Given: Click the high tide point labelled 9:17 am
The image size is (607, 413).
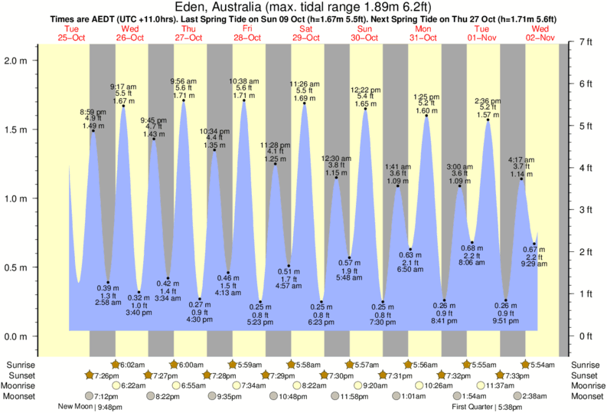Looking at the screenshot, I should (123, 106).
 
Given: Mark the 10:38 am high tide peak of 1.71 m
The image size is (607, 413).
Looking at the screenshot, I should (244, 100).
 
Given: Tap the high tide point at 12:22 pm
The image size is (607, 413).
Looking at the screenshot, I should (365, 109).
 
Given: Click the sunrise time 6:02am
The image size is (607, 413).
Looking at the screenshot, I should (132, 365).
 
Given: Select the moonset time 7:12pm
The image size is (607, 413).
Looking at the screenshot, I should (105, 396).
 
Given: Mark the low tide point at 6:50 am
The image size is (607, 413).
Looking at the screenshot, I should (411, 249).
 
